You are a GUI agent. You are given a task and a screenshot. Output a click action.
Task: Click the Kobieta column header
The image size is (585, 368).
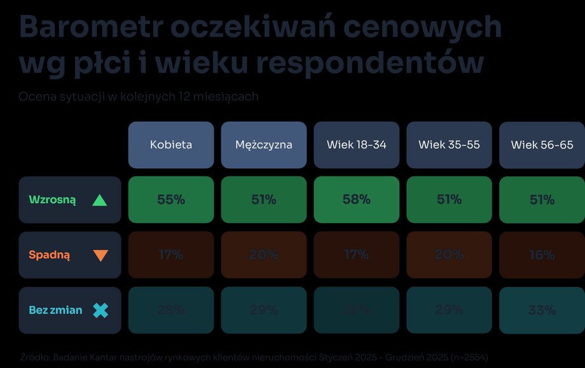(x=171, y=145)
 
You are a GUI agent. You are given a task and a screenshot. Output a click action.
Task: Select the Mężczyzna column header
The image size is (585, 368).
(x=264, y=145)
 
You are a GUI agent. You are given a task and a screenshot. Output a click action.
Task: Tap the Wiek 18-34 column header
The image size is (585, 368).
(x=357, y=145)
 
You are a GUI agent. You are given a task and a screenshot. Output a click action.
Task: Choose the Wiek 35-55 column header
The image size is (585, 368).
(x=449, y=145)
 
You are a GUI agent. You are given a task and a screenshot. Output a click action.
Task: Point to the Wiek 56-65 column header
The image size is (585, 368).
(x=542, y=145)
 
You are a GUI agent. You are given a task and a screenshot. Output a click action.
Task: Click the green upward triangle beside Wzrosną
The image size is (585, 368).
(x=100, y=200)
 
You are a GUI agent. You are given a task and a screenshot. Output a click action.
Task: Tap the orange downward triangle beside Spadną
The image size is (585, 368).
(x=100, y=255)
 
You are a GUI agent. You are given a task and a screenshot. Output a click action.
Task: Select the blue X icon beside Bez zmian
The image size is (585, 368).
(x=100, y=311)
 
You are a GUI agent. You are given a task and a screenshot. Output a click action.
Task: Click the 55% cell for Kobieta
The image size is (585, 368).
(x=171, y=200)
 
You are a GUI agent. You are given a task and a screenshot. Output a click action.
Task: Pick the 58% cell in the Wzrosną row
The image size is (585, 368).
(x=357, y=200)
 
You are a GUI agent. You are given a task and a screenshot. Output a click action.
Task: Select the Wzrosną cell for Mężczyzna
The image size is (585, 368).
(x=264, y=200)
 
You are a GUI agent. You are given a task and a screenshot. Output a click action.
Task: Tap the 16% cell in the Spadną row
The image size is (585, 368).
(x=542, y=255)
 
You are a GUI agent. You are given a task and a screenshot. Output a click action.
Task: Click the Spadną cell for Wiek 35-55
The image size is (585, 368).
(x=449, y=255)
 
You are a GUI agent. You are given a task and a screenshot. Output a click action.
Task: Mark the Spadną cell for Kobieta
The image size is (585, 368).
(x=171, y=255)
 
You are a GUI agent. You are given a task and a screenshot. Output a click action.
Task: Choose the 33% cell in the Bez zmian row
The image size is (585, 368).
(x=542, y=310)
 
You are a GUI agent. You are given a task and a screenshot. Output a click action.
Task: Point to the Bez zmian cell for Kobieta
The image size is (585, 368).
(x=171, y=310)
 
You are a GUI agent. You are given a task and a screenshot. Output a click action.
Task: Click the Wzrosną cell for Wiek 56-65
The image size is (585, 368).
(x=542, y=200)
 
